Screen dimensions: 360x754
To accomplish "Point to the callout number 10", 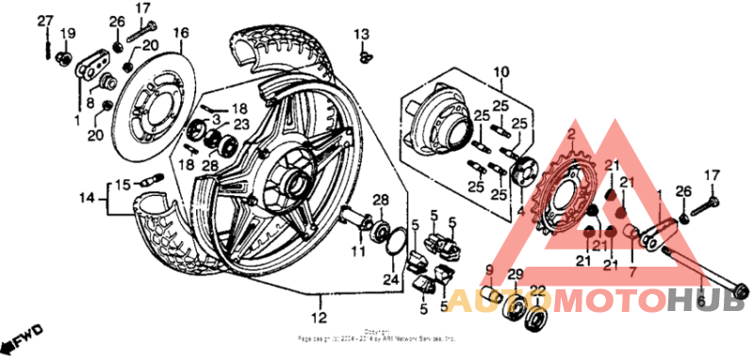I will click(x=500, y=72).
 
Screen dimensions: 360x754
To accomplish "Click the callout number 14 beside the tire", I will click(x=88, y=198).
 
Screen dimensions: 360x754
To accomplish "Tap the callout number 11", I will click(x=357, y=252).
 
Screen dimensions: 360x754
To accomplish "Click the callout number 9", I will click(x=489, y=270).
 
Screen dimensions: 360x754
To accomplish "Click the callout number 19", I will click(x=67, y=34).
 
